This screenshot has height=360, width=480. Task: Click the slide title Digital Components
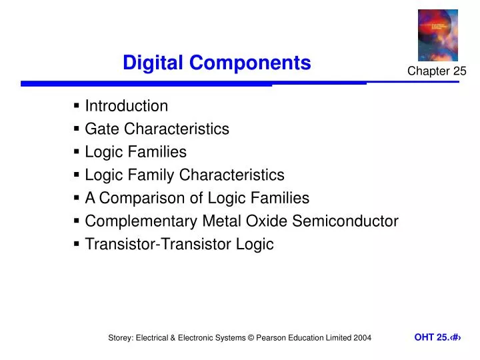(217, 63)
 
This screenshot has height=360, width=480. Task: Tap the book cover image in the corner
(437, 35)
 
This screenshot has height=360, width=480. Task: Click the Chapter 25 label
(437, 72)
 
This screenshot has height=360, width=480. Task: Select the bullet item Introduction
(126, 106)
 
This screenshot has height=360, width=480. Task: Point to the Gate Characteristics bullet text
(157, 129)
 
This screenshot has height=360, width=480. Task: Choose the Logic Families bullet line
(135, 152)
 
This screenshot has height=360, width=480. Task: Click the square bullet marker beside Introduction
(77, 105)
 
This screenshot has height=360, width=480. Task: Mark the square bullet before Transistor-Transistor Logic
(77, 243)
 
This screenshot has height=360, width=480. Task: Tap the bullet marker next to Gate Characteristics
(77, 128)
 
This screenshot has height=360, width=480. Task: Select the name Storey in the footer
(121, 338)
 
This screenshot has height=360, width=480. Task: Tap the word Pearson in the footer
(273, 338)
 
